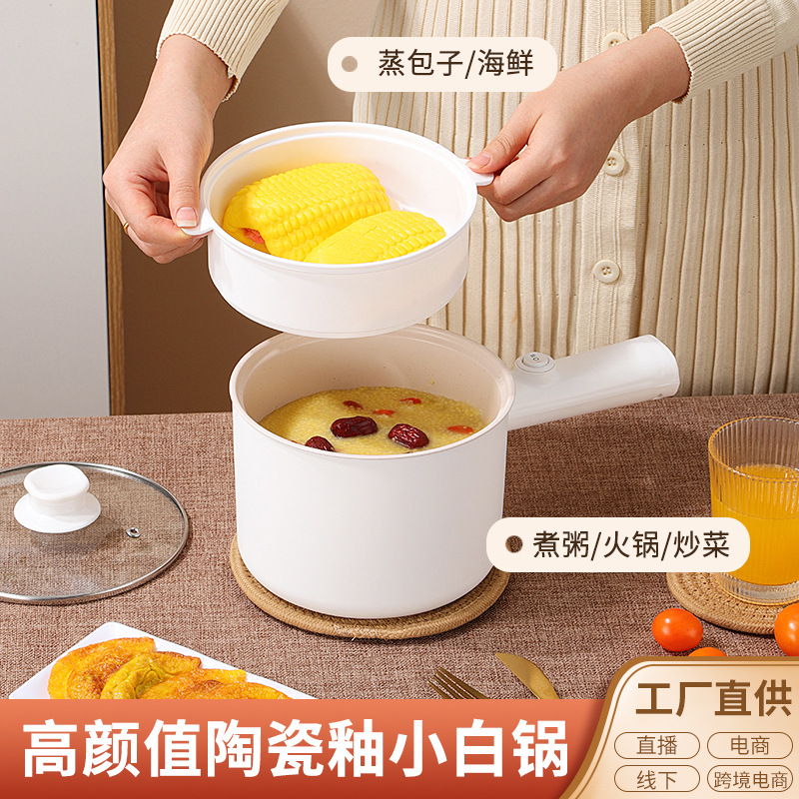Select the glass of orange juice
click(x=756, y=509)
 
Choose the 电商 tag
click(x=748, y=744)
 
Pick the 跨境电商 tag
click(x=748, y=778)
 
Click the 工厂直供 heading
click(x=713, y=698)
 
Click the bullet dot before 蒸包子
click(x=349, y=64)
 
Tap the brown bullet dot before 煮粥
click(x=513, y=544)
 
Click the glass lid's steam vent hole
click(x=133, y=531)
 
